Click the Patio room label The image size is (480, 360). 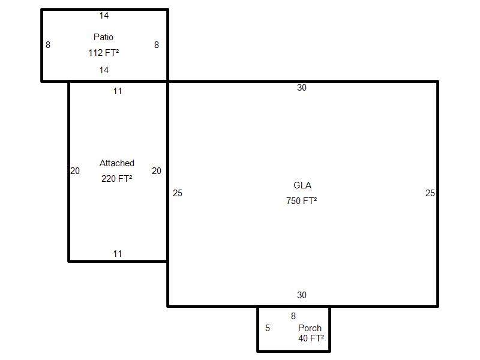(103, 37)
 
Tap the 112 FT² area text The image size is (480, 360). (103, 53)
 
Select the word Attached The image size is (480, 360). (117, 163)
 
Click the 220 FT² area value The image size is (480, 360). (117, 179)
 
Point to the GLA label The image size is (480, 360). (302, 185)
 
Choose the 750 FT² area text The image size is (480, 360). (302, 201)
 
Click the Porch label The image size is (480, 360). (310, 328)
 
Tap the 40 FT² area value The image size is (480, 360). (311, 338)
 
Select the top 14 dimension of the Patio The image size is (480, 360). (104, 16)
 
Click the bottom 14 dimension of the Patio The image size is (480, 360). (104, 70)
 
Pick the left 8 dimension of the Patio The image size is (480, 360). (48, 45)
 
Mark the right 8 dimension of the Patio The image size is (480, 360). (157, 45)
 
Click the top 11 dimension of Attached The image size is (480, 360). (118, 91)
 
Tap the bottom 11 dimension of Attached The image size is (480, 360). (118, 254)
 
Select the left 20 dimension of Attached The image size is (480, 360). (75, 171)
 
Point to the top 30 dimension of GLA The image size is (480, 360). (302, 88)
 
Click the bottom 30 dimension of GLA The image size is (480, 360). (302, 295)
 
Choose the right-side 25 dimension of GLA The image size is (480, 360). (430, 193)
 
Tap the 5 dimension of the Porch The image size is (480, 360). (268, 328)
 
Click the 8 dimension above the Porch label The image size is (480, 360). (293, 316)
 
